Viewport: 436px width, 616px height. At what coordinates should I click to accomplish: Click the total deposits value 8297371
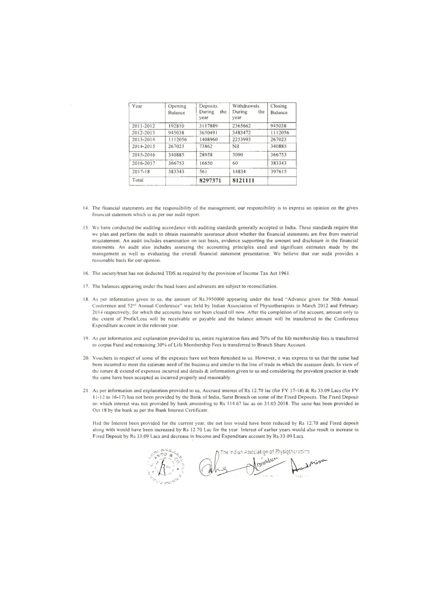(210, 181)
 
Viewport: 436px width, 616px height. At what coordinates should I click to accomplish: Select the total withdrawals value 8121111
(243, 181)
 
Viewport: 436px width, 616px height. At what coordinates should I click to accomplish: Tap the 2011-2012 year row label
(143, 126)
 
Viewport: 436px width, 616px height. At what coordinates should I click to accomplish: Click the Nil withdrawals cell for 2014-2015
(235, 146)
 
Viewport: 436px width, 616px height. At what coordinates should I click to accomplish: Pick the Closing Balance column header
(279, 109)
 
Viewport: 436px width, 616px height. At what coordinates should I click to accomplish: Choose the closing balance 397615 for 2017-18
(278, 172)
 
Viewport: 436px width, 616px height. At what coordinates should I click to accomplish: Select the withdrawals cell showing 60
(235, 163)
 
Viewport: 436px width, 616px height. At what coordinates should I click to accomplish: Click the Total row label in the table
(138, 180)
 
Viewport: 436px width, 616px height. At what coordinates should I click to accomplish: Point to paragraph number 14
(86, 208)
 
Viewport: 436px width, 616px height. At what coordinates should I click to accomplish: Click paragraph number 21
(86, 391)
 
